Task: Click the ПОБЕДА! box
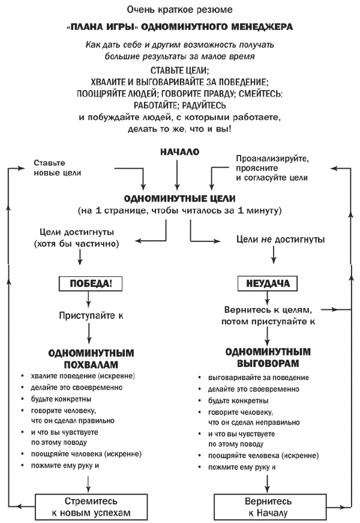point(88,283)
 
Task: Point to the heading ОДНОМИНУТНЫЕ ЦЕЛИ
point(179,198)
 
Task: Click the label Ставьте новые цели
point(57,168)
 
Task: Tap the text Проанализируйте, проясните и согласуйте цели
point(271,169)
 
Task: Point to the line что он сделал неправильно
point(247,422)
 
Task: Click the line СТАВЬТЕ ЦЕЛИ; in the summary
point(179,70)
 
